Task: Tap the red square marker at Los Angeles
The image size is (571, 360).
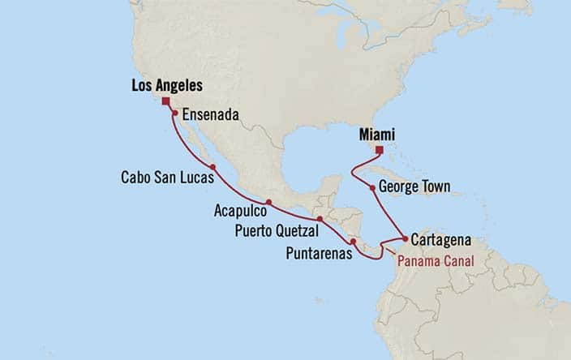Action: point(166,101)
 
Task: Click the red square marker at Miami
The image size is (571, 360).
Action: point(379,150)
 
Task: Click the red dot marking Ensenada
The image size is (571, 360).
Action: point(174,114)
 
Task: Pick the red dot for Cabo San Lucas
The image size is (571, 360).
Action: point(212,168)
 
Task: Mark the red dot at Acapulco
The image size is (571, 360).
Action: point(268,202)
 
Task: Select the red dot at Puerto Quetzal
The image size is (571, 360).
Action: point(320,219)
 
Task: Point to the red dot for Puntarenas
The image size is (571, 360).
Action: point(353,242)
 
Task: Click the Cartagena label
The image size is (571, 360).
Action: point(442,240)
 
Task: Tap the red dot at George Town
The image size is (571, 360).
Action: point(373,188)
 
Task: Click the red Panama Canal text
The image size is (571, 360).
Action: point(433,260)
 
